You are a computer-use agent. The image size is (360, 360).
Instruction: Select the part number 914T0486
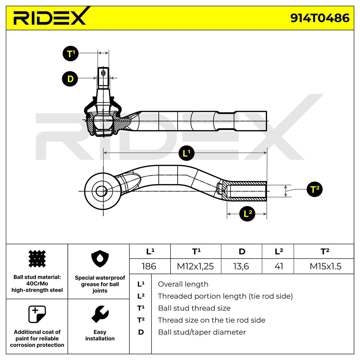(320, 18)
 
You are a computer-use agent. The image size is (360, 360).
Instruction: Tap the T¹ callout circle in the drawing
(70, 54)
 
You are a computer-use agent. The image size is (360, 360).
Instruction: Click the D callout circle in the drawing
(70, 79)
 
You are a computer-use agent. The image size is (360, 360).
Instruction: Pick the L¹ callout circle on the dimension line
(187, 153)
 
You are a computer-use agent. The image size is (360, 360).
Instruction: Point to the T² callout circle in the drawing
(314, 189)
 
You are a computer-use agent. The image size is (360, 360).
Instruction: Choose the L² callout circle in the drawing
(247, 214)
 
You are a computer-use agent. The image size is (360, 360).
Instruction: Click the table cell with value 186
(149, 266)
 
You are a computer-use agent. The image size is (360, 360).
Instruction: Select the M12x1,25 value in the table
(195, 266)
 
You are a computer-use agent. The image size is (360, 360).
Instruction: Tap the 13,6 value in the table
(241, 266)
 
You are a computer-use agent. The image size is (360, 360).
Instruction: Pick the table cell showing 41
(279, 266)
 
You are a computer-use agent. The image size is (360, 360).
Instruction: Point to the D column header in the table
(242, 251)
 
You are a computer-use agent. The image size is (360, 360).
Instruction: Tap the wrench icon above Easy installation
(100, 314)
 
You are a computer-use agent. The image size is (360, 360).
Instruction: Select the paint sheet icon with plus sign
(37, 314)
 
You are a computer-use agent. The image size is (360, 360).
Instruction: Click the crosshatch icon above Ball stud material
(37, 259)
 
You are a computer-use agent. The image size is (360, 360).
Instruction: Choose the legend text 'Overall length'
(183, 284)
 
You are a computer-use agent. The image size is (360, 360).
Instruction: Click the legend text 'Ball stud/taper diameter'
(202, 332)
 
